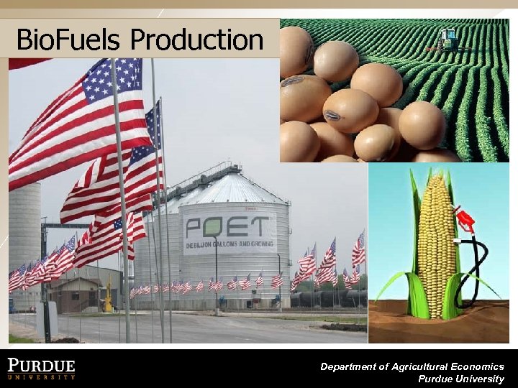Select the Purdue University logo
pos(42,367)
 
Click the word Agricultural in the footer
pos(406,366)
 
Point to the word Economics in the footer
pos(476,366)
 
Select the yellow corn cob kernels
pos(436,244)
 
